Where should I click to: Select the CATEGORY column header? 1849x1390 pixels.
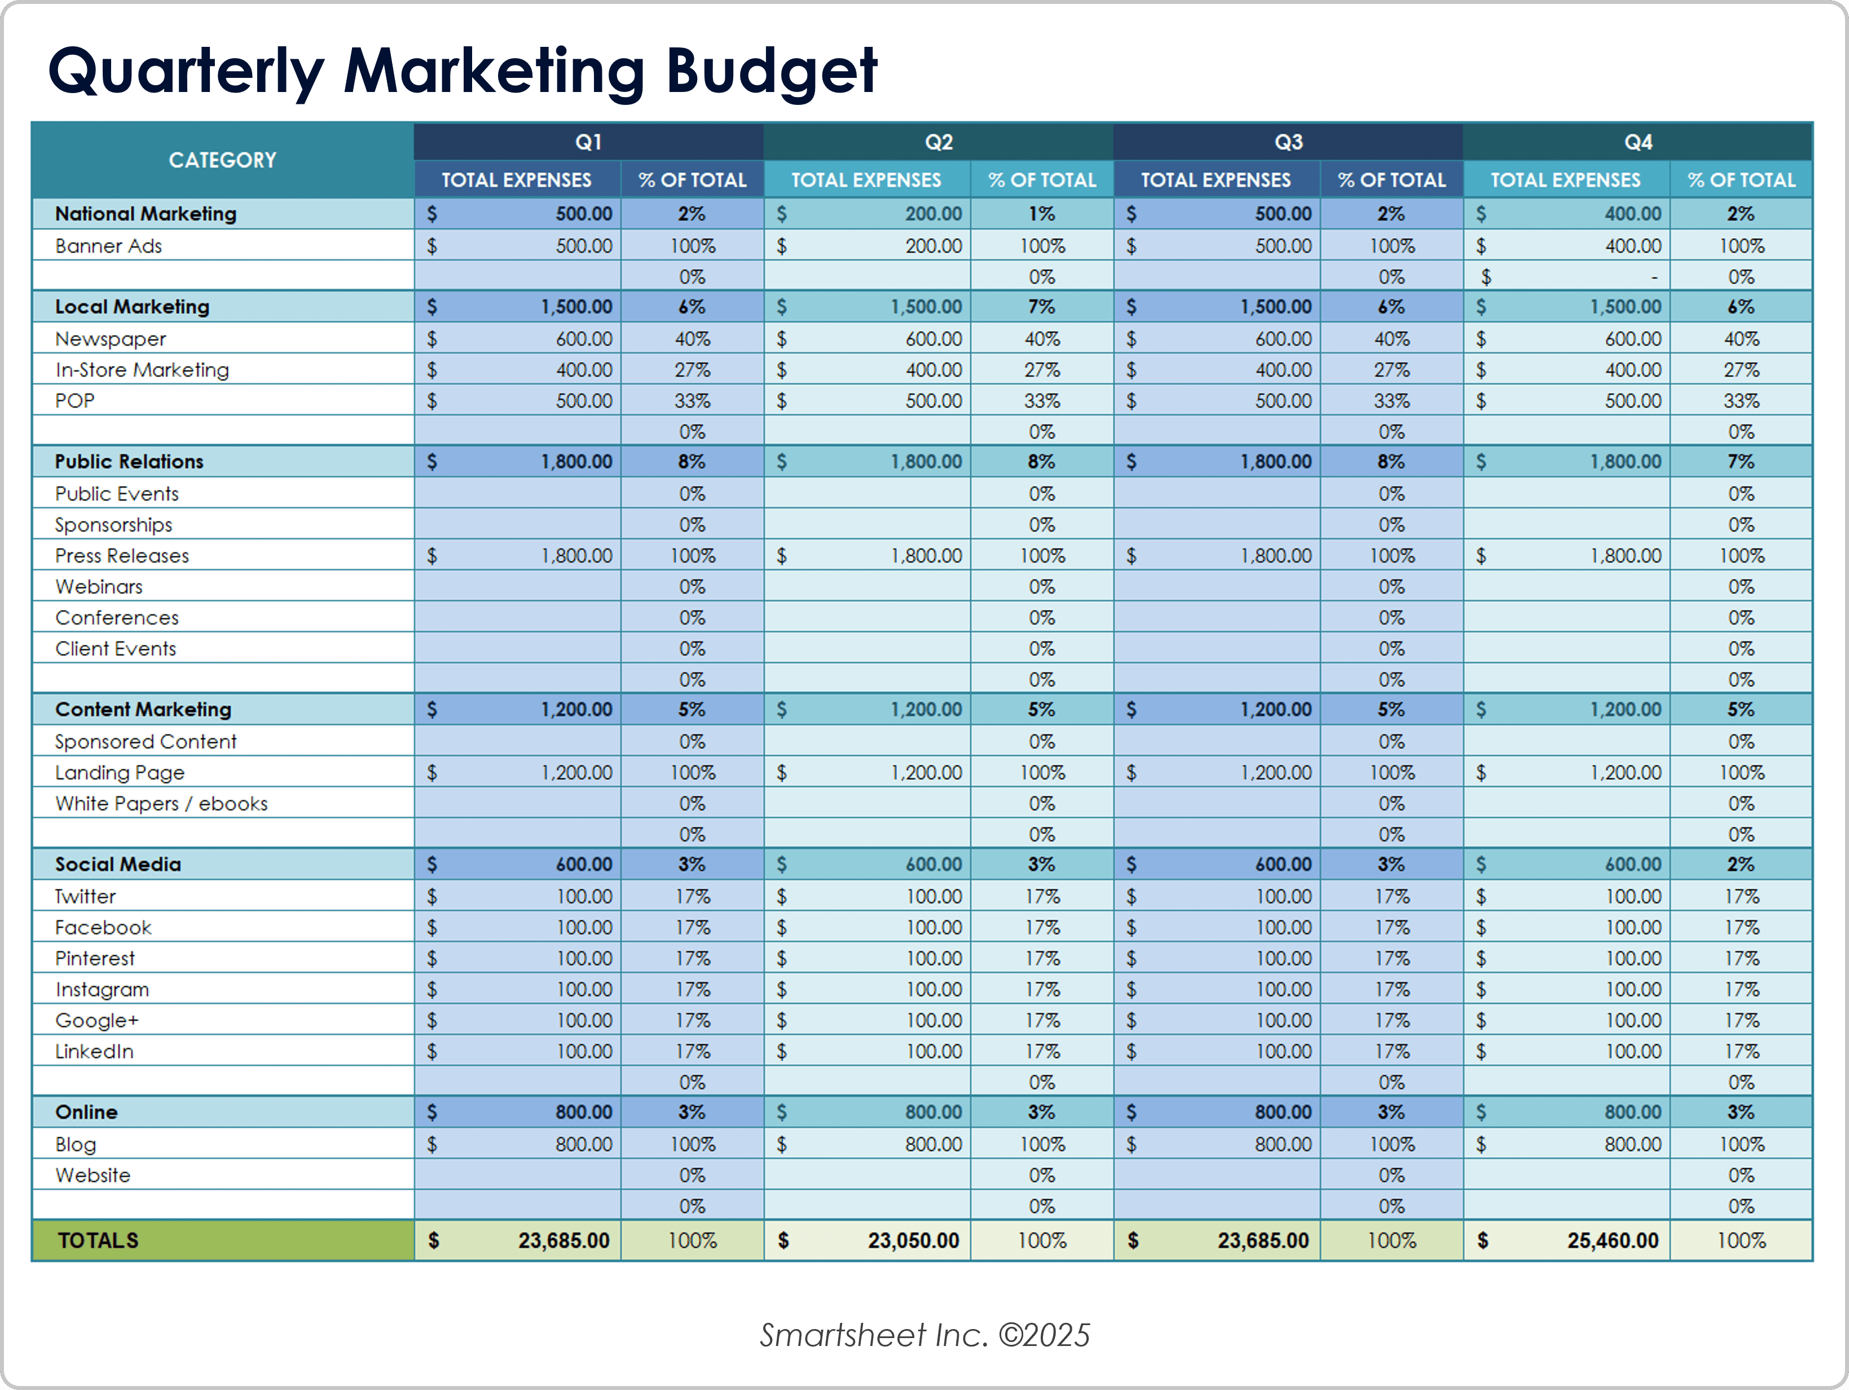point(222,160)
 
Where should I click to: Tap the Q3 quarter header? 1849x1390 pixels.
point(1288,142)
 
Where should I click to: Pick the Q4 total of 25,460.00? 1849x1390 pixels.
point(1613,1240)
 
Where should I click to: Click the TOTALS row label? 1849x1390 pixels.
point(98,1240)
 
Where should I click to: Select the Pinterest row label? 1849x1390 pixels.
point(94,958)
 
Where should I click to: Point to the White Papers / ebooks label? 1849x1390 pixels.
point(161,804)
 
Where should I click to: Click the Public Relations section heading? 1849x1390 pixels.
point(130,462)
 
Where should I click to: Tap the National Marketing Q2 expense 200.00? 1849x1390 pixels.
point(933,214)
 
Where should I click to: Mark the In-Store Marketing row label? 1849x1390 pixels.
point(142,370)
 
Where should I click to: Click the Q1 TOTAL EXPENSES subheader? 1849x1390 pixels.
point(517,180)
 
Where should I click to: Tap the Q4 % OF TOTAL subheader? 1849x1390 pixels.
point(1741,180)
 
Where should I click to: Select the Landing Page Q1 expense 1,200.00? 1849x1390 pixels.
point(577,773)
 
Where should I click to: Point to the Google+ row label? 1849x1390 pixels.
point(97,1020)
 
